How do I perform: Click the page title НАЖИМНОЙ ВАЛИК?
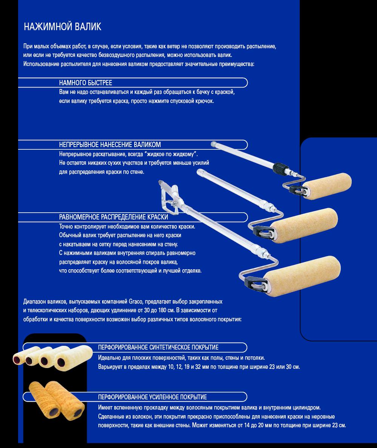[63, 26]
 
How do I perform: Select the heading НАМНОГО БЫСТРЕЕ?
[86, 83]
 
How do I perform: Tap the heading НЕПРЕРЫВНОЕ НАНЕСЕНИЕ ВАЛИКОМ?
[110, 144]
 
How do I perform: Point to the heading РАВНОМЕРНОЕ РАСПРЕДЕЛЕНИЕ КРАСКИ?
[113, 217]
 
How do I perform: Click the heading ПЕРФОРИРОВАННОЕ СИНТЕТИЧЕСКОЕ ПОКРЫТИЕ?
[158, 347]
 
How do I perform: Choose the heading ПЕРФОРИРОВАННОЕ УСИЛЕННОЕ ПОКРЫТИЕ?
[152, 397]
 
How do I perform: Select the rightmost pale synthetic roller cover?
[74, 358]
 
